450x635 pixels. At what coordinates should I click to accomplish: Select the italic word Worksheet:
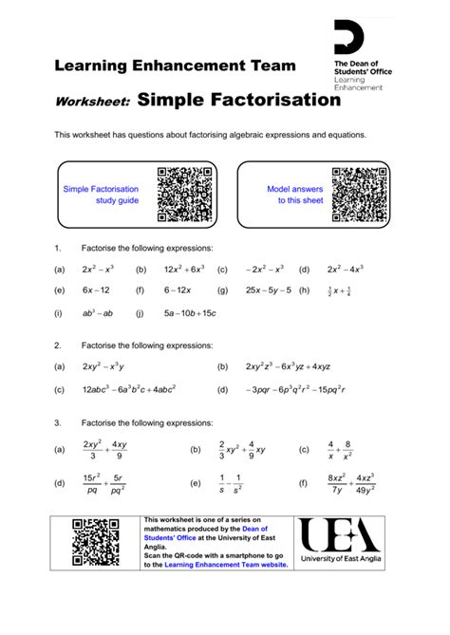click(x=92, y=103)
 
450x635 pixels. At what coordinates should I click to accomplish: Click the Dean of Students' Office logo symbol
click(x=349, y=39)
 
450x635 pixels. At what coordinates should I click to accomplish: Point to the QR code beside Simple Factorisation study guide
click(x=184, y=195)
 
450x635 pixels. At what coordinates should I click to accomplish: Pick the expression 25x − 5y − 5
click(x=270, y=290)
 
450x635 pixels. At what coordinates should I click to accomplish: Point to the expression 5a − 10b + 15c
click(x=190, y=312)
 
